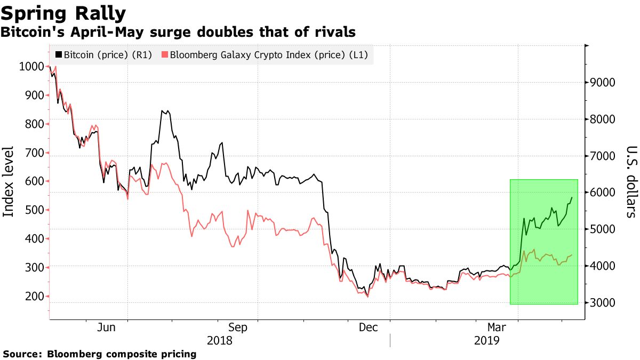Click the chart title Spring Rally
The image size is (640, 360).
coord(63,12)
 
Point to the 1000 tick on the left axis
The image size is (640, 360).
coord(30,67)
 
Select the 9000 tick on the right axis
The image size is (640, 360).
coord(602,83)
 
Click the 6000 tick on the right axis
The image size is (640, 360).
coord(602,193)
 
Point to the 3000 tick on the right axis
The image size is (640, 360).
coord(602,303)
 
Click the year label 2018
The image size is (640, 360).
coord(220,340)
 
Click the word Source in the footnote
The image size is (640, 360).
coord(22,354)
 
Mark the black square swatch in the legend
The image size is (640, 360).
coord(59,54)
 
